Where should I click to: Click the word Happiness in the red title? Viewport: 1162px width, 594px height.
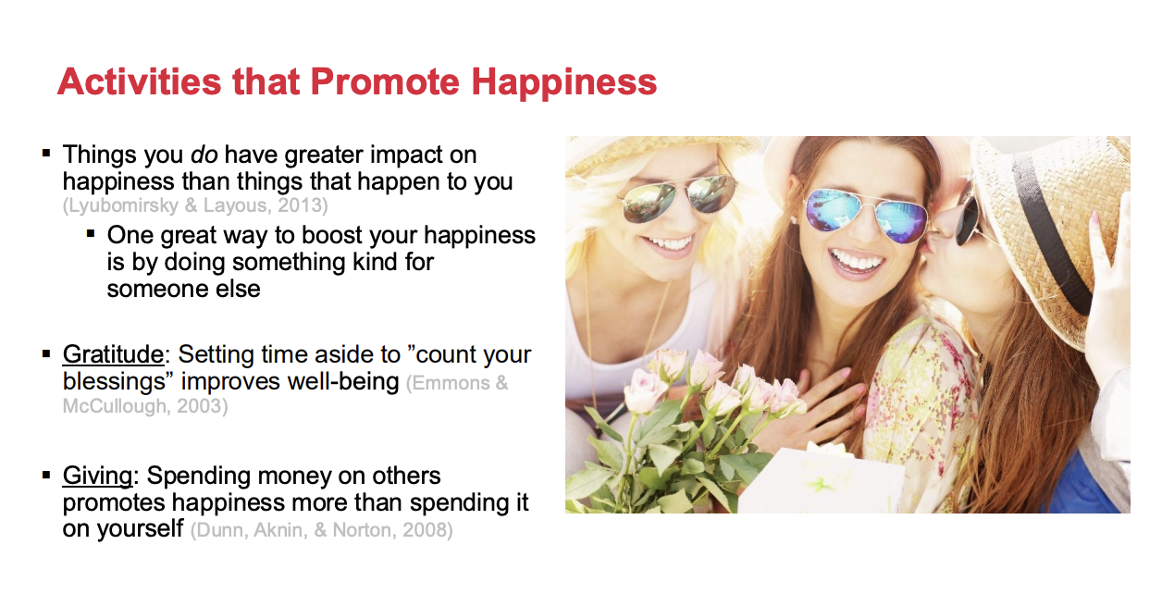[x=563, y=83]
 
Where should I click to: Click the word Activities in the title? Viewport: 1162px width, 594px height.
[x=140, y=82]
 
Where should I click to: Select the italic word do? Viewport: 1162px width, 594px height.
[x=204, y=155]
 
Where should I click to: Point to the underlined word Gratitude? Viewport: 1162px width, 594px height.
[x=113, y=354]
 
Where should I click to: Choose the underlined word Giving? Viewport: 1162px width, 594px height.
[x=97, y=476]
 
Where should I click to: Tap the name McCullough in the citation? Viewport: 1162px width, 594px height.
[x=114, y=406]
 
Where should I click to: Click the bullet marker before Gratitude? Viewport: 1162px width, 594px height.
[x=46, y=354]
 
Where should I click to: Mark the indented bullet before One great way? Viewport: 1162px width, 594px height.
[x=91, y=234]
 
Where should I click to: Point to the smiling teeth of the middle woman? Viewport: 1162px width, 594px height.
[x=856, y=260]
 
